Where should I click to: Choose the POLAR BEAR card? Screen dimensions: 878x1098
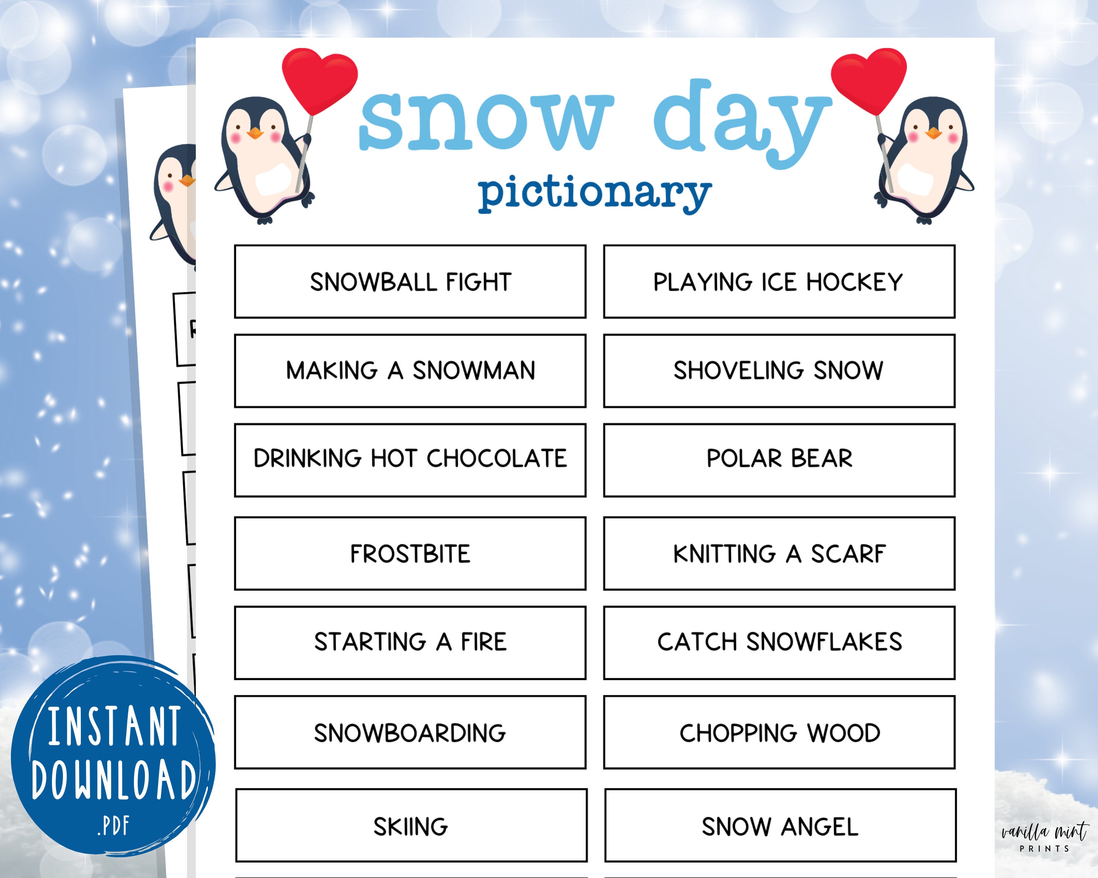(x=779, y=459)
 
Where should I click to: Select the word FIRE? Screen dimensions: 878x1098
(x=484, y=642)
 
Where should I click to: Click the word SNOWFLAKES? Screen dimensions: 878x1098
(x=824, y=642)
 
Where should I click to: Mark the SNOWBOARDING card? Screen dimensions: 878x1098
(x=410, y=733)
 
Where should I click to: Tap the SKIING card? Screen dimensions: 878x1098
(x=411, y=826)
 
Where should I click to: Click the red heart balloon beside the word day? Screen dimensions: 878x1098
(x=868, y=79)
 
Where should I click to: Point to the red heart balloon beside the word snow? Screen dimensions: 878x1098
(x=319, y=79)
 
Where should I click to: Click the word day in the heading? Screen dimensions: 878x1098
(x=741, y=122)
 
